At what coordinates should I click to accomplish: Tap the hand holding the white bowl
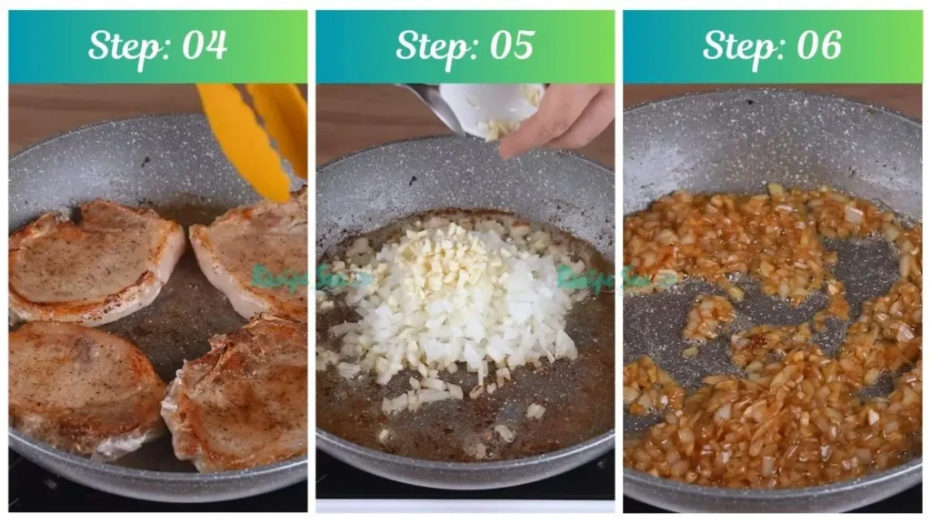click(559, 118)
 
